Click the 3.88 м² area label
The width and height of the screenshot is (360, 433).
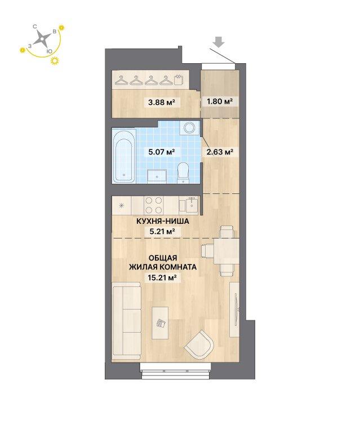(162, 103)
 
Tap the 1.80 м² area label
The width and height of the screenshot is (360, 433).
(220, 101)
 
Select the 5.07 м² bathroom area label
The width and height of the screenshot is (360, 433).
(162, 151)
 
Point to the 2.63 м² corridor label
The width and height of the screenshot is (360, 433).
(220, 151)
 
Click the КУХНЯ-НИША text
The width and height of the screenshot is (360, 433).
(163, 221)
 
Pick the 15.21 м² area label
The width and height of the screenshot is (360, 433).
(162, 277)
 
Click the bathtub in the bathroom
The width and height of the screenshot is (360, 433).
(124, 157)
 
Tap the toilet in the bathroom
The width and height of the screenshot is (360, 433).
(183, 173)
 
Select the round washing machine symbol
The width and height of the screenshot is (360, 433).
(189, 127)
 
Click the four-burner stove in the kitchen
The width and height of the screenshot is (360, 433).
(154, 205)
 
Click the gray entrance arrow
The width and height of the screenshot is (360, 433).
(219, 42)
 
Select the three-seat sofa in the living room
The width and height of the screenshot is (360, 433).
(127, 321)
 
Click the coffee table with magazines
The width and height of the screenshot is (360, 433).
(160, 323)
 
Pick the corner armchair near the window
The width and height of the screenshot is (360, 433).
(199, 345)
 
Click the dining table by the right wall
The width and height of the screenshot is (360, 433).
(226, 251)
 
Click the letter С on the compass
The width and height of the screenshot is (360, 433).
(35, 26)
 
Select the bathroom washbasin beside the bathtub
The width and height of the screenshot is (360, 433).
(157, 176)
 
